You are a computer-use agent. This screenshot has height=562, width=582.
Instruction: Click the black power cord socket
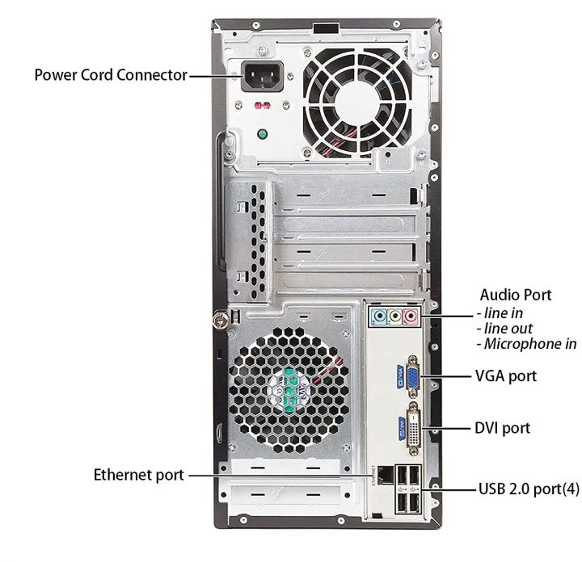coord(264,77)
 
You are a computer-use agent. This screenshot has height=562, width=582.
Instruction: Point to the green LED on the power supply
coord(262,135)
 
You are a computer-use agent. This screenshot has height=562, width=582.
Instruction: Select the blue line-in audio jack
coord(376,317)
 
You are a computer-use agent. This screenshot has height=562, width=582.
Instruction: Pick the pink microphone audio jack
coord(410,317)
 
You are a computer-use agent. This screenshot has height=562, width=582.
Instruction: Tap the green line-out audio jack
coord(393,317)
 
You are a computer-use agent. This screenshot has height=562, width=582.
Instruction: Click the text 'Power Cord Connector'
coord(110,75)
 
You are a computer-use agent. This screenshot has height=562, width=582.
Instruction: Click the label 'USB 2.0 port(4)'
coord(527,489)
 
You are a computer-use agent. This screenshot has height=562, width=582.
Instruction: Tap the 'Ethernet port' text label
coord(138,474)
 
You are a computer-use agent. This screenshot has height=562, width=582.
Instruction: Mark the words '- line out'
coord(506,328)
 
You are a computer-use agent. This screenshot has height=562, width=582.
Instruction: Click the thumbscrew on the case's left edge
coord(218,320)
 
